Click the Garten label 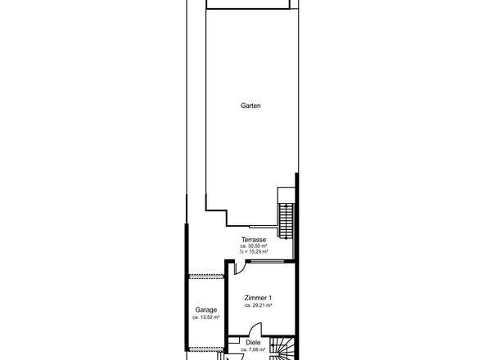(251, 106)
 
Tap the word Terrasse (254, 240)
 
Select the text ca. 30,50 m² (254, 246)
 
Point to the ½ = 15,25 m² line (254, 251)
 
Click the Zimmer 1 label (258, 298)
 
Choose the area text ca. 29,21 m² (258, 305)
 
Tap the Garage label (206, 310)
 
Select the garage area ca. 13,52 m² (206, 317)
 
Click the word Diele (253, 343)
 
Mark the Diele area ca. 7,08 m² (253, 349)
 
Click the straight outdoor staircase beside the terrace (287, 220)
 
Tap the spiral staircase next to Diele (282, 349)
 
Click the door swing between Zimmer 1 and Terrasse (240, 268)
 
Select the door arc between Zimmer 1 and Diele (255, 329)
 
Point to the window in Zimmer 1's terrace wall (267, 262)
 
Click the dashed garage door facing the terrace (205, 277)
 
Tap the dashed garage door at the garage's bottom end (205, 349)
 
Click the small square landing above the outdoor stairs (287, 196)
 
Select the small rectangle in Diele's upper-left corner (234, 340)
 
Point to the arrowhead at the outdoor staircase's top (287, 205)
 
